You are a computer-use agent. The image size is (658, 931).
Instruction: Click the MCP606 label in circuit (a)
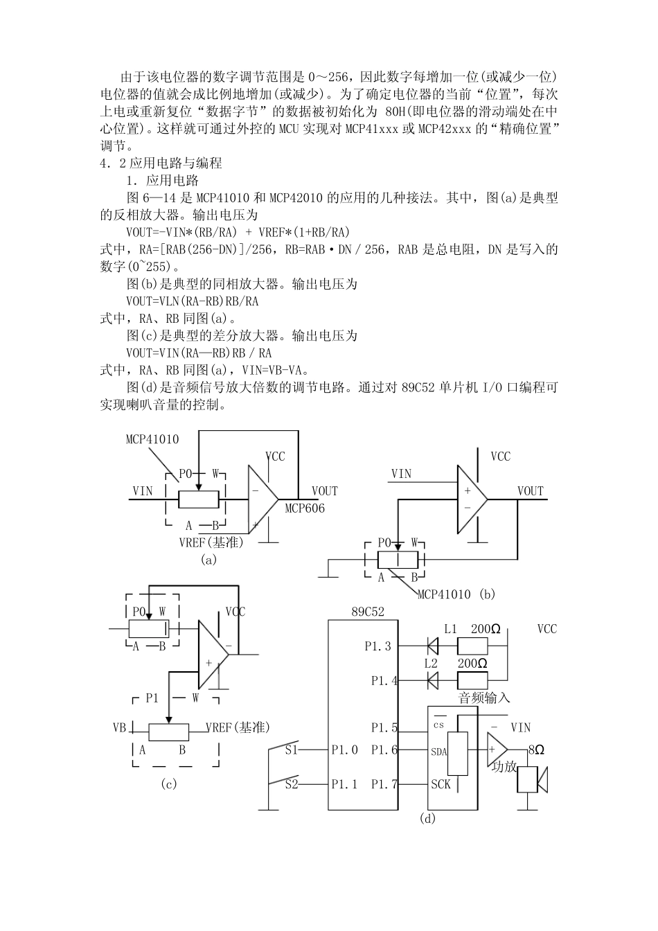click(x=305, y=508)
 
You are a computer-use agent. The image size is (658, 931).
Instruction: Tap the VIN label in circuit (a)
click(x=143, y=490)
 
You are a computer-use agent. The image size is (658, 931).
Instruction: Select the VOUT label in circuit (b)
click(x=531, y=490)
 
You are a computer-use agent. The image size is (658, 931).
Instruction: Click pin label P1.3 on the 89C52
click(x=378, y=646)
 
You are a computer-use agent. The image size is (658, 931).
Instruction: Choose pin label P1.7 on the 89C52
click(x=384, y=784)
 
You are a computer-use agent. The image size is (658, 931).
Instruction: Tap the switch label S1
click(x=292, y=750)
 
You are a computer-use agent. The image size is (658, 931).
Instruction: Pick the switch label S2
click(x=292, y=784)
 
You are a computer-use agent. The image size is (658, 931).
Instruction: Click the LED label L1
click(x=450, y=629)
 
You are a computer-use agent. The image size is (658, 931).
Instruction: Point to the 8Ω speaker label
click(x=536, y=750)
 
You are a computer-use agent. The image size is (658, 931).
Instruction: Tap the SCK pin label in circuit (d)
click(x=441, y=784)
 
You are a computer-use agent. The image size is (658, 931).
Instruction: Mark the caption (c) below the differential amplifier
click(x=168, y=784)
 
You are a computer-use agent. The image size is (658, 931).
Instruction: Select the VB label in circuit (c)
click(x=119, y=727)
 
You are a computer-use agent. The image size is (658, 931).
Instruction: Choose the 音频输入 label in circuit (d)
click(x=484, y=698)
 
